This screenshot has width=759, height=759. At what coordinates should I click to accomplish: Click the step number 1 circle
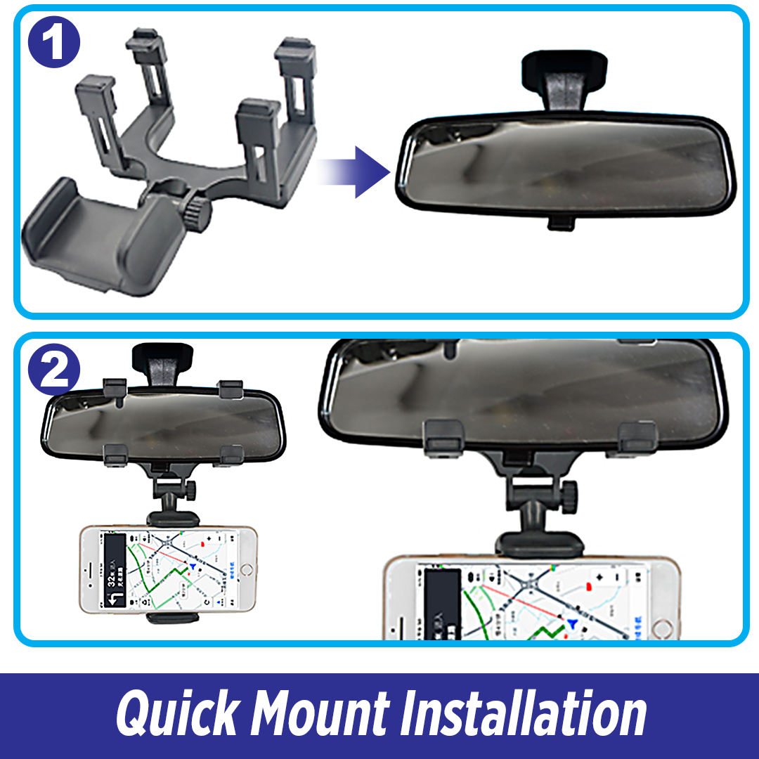coord(54,44)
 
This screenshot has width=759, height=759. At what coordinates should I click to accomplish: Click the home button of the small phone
coord(245,568)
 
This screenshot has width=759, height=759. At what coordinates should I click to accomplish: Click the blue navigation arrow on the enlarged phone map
coord(576,623)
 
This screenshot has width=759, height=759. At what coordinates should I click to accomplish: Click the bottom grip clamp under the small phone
coord(173,618)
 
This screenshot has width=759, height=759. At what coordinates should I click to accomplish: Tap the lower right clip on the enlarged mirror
coord(637,437)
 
